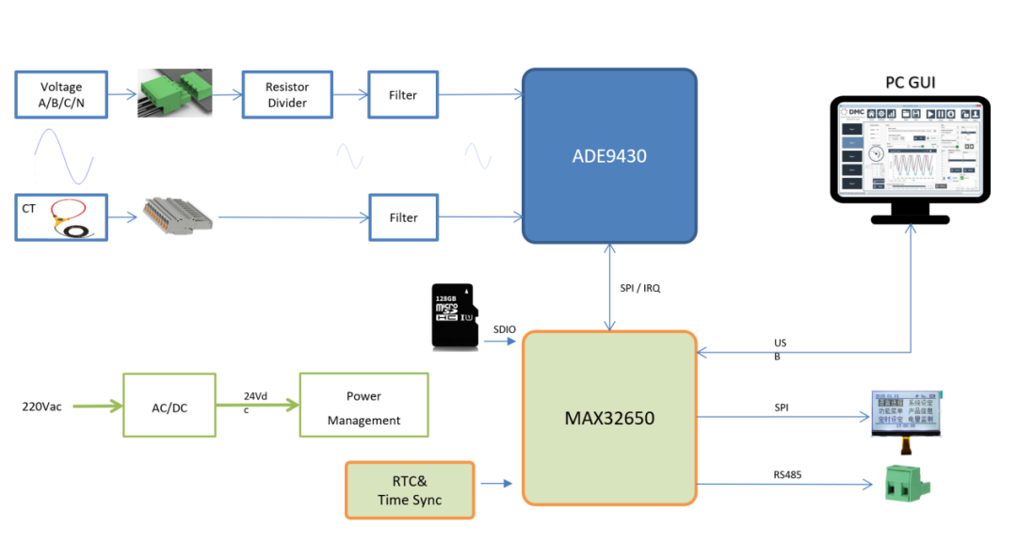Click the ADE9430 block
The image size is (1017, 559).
[609, 156]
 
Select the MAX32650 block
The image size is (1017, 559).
[609, 416]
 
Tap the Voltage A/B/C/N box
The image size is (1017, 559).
[61, 94]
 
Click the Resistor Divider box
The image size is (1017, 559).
[287, 94]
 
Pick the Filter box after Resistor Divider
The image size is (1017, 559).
[403, 94]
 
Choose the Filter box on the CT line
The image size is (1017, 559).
[403, 217]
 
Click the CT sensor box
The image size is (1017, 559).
[61, 217]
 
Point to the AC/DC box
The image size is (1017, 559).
[169, 406]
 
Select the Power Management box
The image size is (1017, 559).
[363, 406]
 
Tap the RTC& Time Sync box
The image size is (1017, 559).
[410, 490]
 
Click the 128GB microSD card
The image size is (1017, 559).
[453, 316]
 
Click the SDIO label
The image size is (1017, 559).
[505, 328]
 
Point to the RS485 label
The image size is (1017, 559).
[786, 474]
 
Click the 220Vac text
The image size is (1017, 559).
[42, 407]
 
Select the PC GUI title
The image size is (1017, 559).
[910, 84]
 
